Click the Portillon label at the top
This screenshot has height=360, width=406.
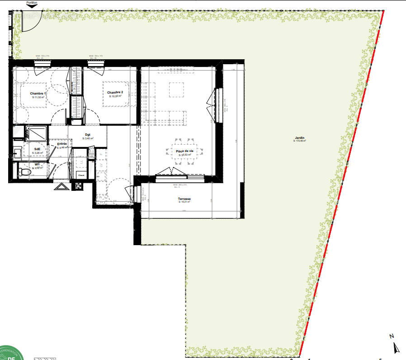[32, 2]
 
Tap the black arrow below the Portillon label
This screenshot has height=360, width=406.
[32, 6]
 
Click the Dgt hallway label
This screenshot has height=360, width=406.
[88, 134]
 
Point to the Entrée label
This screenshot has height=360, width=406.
[62, 144]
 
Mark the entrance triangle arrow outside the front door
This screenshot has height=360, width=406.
[61, 186]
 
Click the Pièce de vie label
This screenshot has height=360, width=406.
[184, 151]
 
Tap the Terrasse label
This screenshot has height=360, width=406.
[184, 199]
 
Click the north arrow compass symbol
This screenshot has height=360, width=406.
[397, 348]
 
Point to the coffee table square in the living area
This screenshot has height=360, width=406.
[177, 89]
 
